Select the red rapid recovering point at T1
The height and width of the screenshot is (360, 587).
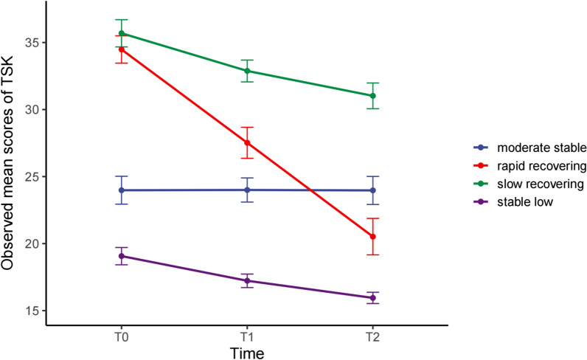pos(247,142)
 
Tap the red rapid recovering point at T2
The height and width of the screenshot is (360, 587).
pos(373,236)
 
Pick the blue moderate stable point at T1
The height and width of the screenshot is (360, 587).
pos(247,190)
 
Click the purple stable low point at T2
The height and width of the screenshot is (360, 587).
pos(373,298)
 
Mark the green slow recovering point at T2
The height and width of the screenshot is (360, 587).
pos(373,96)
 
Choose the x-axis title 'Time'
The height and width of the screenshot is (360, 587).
pos(247,353)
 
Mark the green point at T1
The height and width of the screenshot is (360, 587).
pos(247,71)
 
